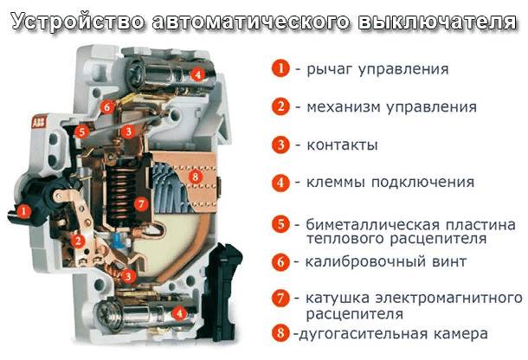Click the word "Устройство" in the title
(70, 19)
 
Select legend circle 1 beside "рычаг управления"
(280, 68)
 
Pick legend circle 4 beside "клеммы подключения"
(280, 183)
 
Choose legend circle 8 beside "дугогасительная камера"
(280, 332)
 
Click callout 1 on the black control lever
(24, 209)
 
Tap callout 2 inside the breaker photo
(78, 241)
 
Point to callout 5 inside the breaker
(81, 132)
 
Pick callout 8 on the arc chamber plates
(195, 177)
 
